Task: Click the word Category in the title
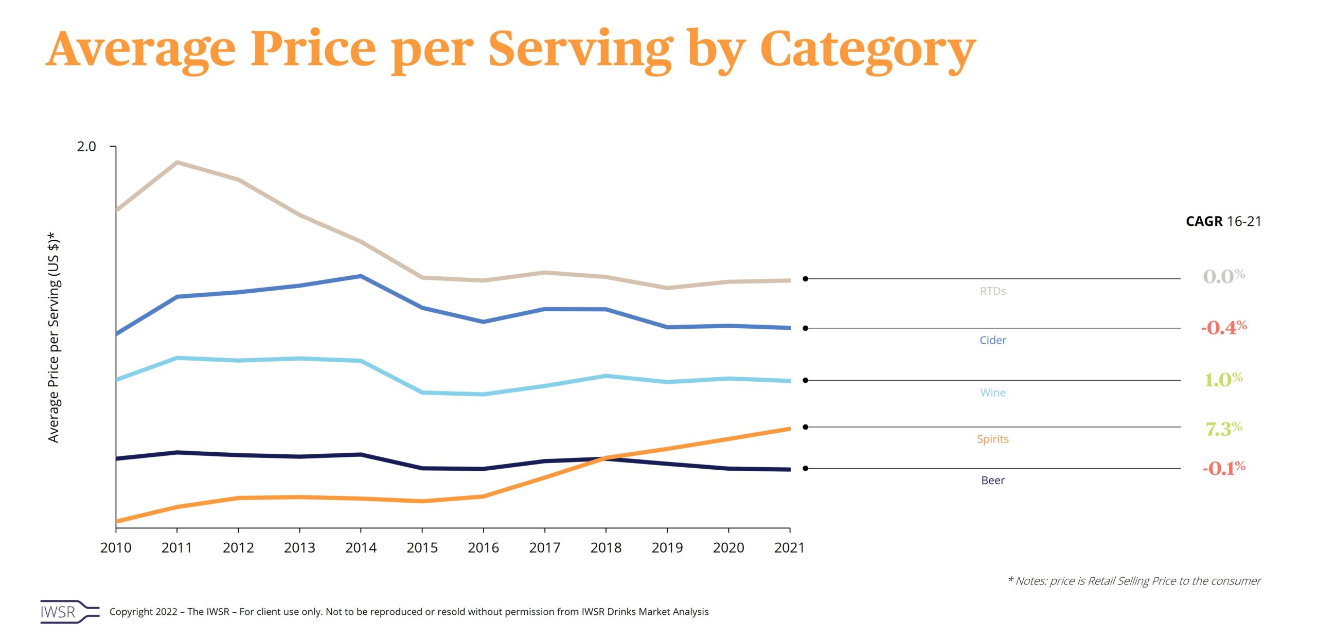point(867,49)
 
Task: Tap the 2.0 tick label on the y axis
point(86,147)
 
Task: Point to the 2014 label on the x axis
point(361,547)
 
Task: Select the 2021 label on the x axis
point(789,547)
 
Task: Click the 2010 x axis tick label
point(116,547)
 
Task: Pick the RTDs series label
point(992,291)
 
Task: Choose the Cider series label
point(992,340)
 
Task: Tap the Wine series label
point(992,393)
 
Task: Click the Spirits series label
point(992,439)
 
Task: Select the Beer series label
point(992,481)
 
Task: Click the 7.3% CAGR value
point(1223,429)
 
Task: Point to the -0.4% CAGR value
point(1223,328)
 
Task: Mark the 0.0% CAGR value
point(1223,276)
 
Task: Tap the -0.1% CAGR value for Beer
point(1223,468)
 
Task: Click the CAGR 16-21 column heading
point(1223,221)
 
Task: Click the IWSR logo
point(69,612)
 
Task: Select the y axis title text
point(54,337)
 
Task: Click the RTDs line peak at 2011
point(177,163)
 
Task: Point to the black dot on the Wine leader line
point(805,380)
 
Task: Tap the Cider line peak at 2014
point(361,276)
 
